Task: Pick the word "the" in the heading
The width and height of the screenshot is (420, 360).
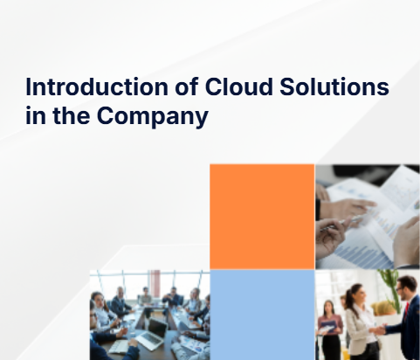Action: tap(79, 116)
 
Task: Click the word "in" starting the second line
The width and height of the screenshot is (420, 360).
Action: tap(35, 116)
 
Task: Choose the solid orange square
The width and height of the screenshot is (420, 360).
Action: tap(262, 217)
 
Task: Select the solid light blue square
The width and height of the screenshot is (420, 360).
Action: tap(262, 315)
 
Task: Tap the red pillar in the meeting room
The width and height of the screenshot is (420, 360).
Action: tap(155, 285)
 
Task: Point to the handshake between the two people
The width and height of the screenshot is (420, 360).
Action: tap(381, 329)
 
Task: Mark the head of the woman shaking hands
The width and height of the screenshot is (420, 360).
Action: tap(358, 292)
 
